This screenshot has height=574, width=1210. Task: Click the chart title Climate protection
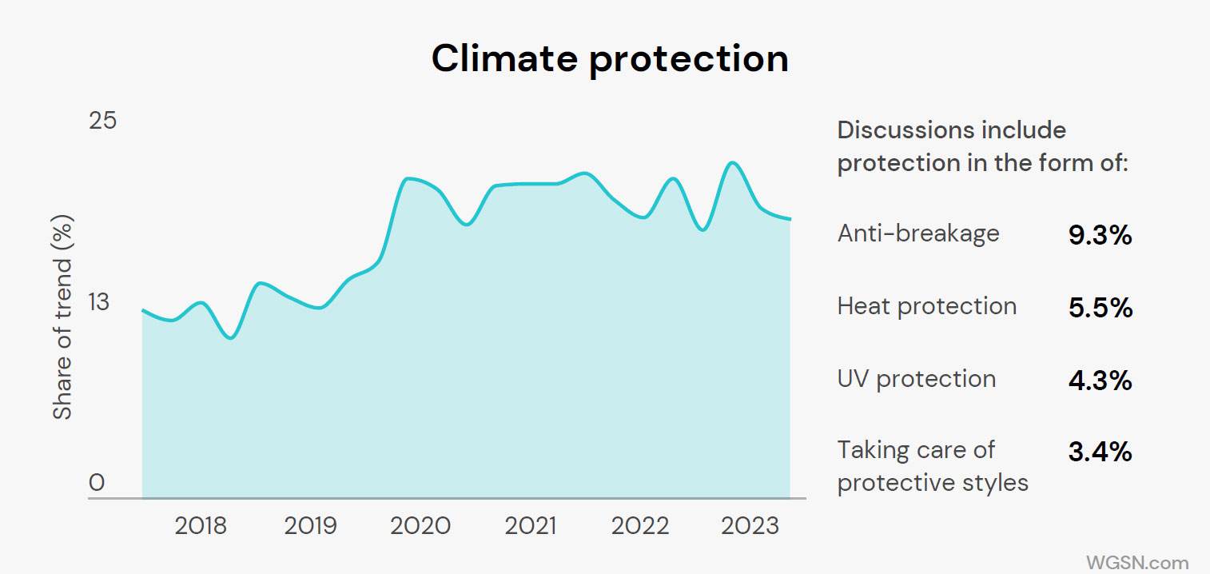click(x=610, y=58)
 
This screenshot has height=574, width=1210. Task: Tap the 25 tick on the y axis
click(x=102, y=121)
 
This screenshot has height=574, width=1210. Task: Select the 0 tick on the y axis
click(x=97, y=483)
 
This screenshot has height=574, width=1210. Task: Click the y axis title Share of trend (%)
click(x=62, y=317)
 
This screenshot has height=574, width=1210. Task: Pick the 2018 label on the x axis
click(x=201, y=526)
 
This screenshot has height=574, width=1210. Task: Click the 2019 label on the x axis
click(x=311, y=526)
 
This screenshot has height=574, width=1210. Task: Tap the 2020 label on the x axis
click(x=420, y=526)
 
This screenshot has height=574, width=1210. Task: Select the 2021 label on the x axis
click(x=530, y=526)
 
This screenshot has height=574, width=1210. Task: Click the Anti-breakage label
click(x=918, y=233)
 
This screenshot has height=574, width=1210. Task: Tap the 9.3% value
click(x=1100, y=235)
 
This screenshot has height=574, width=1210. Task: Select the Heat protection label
click(x=927, y=306)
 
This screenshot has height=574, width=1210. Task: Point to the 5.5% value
click(x=1100, y=308)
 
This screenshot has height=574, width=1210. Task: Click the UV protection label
click(x=917, y=379)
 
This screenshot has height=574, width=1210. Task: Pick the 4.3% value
click(x=1100, y=381)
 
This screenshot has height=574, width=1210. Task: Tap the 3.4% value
click(x=1100, y=452)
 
